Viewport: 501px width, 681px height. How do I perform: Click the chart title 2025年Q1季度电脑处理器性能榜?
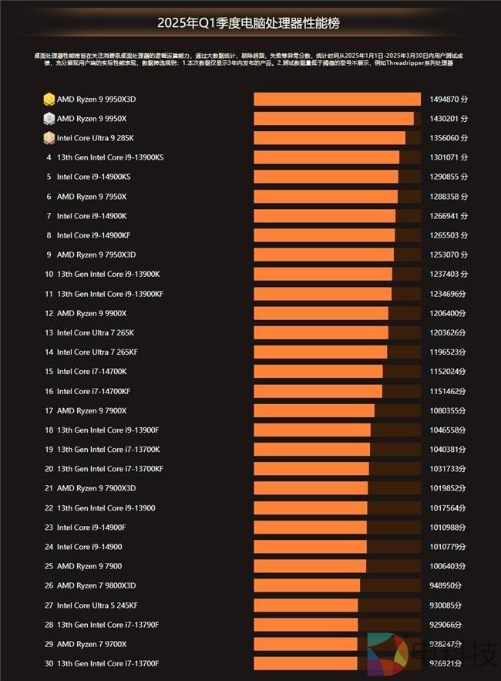coord(250,23)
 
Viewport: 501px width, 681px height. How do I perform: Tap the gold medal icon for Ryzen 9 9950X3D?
coord(49,99)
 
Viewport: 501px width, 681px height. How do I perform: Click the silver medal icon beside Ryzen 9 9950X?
coord(49,119)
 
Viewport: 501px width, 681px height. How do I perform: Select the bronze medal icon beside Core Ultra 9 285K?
coord(49,138)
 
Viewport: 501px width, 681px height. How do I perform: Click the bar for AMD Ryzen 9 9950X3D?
coord(337,99)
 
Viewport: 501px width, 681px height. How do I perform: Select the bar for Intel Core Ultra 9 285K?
coord(329,138)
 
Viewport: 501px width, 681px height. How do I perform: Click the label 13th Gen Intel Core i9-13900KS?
coord(110,157)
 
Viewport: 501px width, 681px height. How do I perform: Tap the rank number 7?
coord(49,216)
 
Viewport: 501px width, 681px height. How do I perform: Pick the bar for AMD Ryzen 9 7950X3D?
coord(324,255)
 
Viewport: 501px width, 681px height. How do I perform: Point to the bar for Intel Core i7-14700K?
coord(318,371)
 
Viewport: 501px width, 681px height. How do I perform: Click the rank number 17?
coord(49,410)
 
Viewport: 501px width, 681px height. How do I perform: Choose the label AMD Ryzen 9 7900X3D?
coord(96,488)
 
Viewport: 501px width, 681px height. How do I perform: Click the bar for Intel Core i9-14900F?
coord(310,527)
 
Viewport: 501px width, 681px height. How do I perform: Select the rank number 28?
coord(49,624)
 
